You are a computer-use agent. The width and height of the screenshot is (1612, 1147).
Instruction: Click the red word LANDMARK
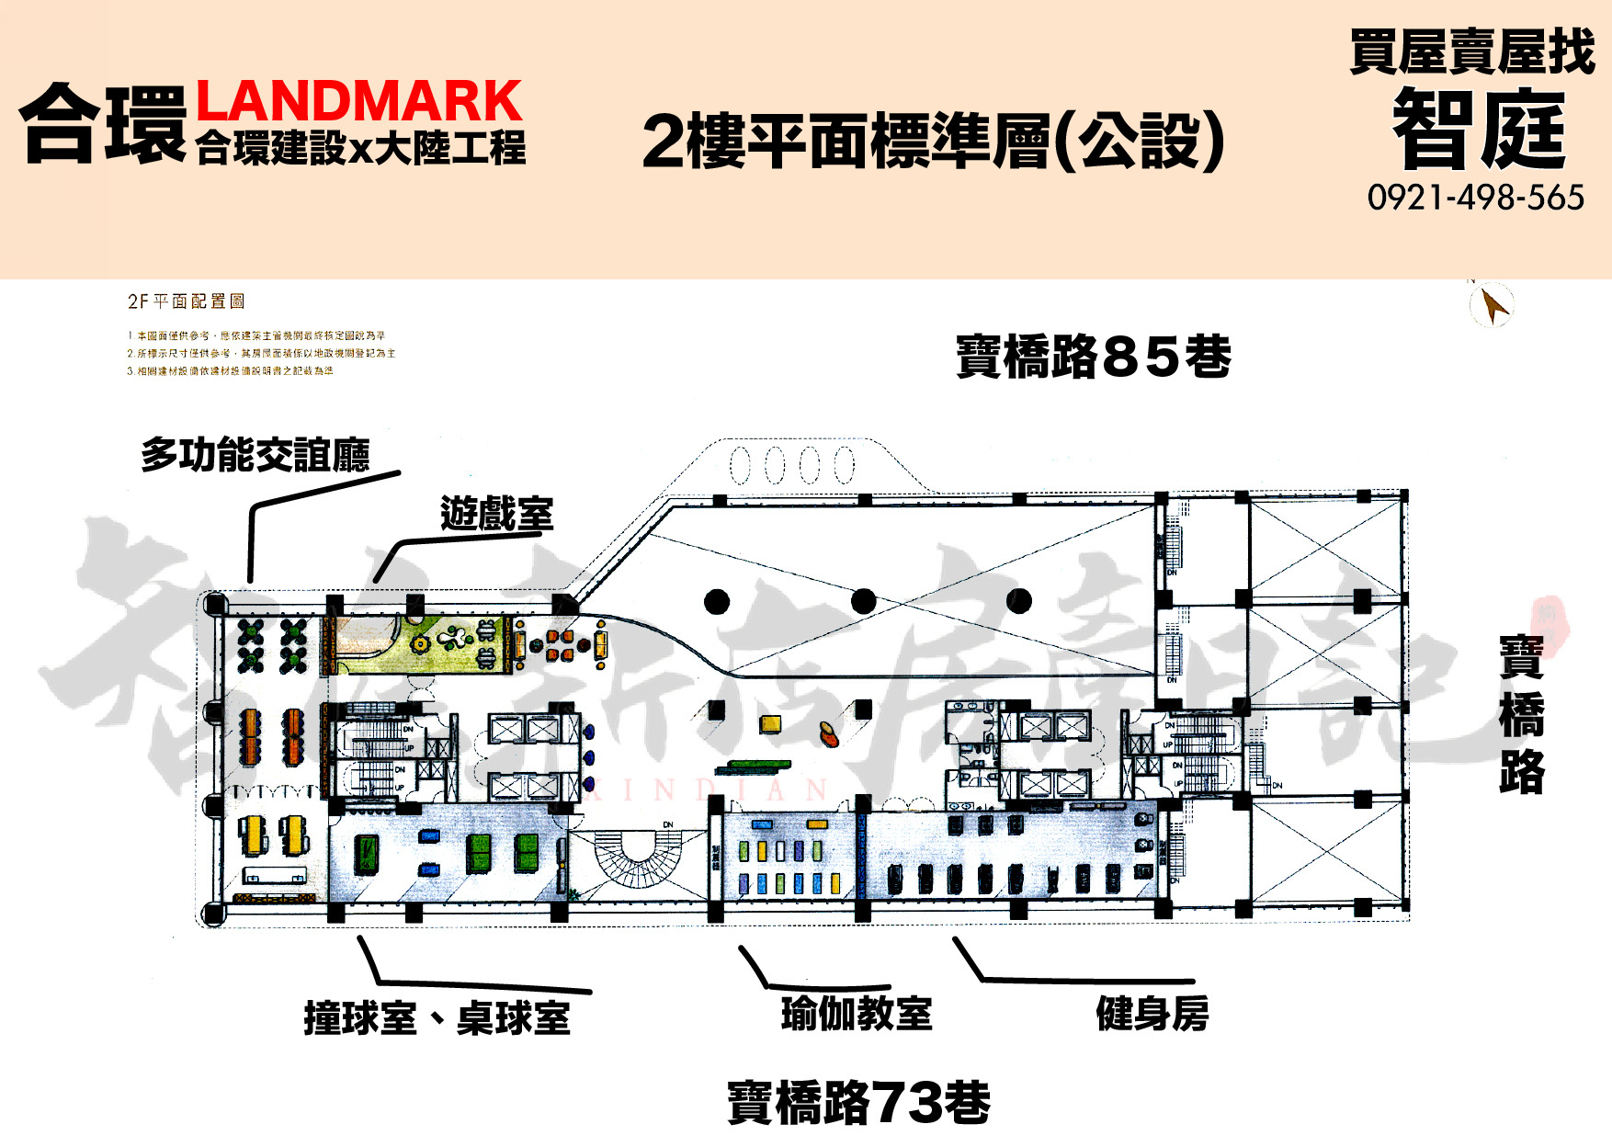[358, 101]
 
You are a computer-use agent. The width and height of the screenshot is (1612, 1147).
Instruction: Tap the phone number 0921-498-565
[1475, 198]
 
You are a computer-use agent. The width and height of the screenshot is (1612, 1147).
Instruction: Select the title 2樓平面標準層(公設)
[933, 142]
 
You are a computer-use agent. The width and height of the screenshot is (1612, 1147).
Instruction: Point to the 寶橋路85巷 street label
[1093, 357]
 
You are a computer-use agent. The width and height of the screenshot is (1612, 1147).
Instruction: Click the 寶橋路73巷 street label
[858, 1102]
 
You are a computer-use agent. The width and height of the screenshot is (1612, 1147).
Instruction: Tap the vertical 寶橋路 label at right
[1521, 714]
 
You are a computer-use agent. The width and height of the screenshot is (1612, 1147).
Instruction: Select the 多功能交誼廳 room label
[255, 455]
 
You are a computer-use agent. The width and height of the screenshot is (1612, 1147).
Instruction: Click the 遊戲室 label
[496, 514]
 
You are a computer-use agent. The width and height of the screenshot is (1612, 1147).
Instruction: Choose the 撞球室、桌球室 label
[437, 1018]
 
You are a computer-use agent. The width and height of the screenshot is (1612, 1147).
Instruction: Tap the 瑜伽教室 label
[856, 1014]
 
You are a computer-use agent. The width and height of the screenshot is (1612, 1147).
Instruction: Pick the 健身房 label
[1152, 1014]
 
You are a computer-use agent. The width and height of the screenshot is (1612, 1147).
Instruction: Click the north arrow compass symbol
[1492, 305]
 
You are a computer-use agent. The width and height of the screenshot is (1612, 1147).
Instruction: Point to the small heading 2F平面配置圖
[186, 301]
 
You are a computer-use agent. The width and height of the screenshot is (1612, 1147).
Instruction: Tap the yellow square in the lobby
[770, 724]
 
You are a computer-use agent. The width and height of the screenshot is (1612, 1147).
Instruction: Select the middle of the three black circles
[863, 602]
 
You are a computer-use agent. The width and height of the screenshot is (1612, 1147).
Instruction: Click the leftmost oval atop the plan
[742, 464]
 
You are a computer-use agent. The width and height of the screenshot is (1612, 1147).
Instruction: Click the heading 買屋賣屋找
[1471, 52]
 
